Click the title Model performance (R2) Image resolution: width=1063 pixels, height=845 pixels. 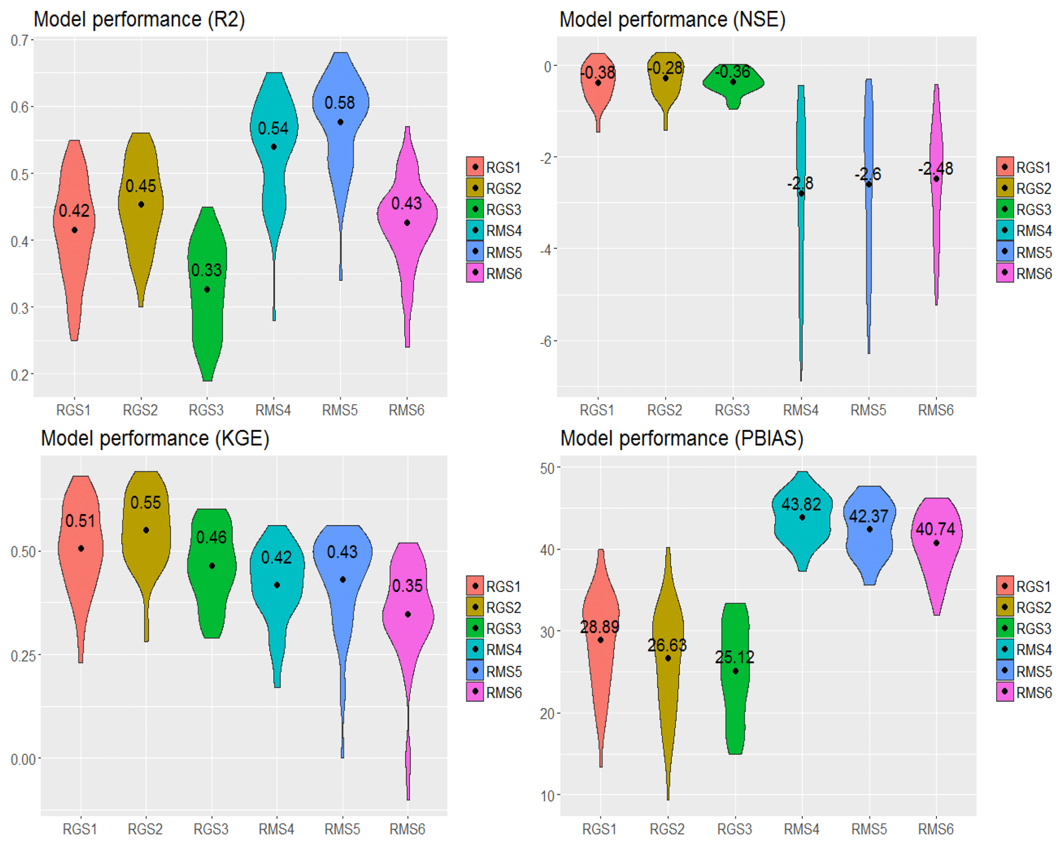click(139, 20)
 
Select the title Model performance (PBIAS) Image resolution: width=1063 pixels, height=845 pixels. click(681, 439)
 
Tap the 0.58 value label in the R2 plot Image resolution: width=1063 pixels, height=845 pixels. click(339, 103)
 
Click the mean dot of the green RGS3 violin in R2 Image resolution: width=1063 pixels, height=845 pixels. click(207, 290)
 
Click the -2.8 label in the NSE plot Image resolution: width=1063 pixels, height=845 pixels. click(800, 183)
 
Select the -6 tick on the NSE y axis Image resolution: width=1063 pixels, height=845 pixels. click(546, 341)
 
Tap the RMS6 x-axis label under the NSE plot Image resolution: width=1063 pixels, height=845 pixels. click(935, 410)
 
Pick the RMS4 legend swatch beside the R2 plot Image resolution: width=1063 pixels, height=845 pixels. click(475, 230)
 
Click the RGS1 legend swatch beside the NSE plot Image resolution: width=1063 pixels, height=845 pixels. click(1004, 167)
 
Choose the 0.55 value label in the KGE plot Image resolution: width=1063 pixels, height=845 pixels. click(146, 502)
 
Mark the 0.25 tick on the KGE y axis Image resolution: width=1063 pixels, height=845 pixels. click(23, 656)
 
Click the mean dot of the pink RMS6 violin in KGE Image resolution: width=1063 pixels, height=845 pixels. click(408, 614)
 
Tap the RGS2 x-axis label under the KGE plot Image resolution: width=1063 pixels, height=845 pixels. click(145, 829)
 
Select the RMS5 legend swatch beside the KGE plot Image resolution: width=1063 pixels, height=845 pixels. click(475, 671)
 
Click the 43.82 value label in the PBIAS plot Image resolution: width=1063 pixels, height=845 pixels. click(801, 505)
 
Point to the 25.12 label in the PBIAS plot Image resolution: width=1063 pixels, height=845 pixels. click(734, 657)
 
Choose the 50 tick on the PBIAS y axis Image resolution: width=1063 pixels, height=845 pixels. click(547, 469)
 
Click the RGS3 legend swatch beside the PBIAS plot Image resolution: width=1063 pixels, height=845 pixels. click(1004, 628)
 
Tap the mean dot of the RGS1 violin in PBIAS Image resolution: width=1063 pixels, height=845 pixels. click(600, 640)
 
